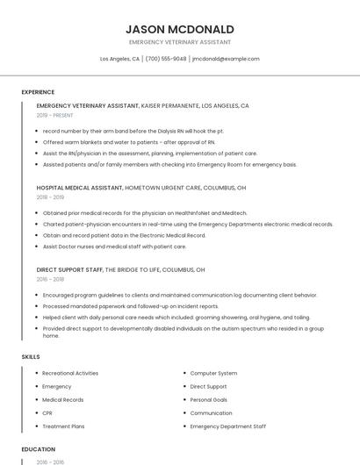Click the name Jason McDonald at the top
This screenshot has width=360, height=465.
tap(180, 29)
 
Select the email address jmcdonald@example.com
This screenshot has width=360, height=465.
tap(227, 59)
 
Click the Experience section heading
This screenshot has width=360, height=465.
tap(38, 92)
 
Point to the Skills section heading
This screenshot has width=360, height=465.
tap(31, 357)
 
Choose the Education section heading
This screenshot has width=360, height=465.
tap(39, 449)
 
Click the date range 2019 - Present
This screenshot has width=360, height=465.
tap(54, 115)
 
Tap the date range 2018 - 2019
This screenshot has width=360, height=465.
tap(50, 197)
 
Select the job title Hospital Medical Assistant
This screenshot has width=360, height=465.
tap(80, 188)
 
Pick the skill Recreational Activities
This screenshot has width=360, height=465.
tap(70, 373)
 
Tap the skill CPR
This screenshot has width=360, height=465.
tap(47, 412)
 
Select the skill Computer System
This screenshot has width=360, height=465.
tap(213, 373)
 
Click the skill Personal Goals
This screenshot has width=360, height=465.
tap(209, 399)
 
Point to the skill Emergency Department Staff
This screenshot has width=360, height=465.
tap(227, 426)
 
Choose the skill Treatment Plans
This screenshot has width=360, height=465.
tap(63, 426)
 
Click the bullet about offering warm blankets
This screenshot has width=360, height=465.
tap(129, 141)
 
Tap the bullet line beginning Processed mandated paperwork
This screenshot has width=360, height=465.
tap(131, 306)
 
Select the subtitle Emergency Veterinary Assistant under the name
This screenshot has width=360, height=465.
tap(180, 42)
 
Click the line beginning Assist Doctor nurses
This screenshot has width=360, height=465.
tap(114, 247)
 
